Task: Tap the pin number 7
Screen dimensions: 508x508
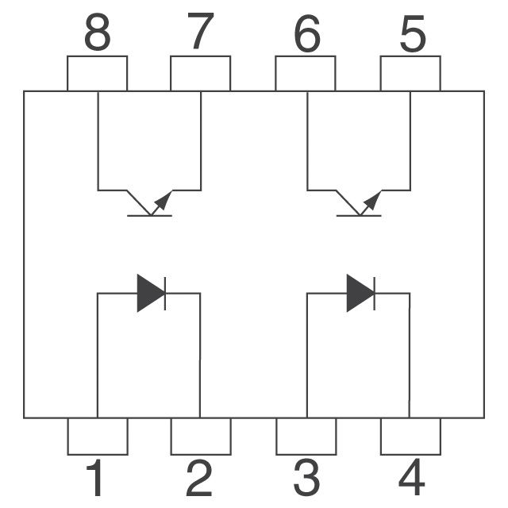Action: [201, 32]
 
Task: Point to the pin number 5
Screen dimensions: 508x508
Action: [413, 34]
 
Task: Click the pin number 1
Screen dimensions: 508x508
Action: [95, 478]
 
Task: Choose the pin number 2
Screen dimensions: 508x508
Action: [199, 478]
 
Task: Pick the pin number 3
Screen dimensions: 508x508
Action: [306, 478]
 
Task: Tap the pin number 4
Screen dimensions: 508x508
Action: [411, 477]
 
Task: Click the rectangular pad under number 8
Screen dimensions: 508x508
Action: [97, 74]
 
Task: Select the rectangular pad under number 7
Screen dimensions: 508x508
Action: [201, 74]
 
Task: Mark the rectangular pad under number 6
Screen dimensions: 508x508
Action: [306, 74]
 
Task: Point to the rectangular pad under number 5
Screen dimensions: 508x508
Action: [410, 74]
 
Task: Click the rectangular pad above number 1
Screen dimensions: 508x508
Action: [98, 437]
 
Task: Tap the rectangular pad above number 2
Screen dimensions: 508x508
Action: [201, 437]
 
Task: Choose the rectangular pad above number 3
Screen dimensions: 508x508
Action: [306, 437]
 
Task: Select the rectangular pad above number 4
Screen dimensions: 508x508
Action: [411, 437]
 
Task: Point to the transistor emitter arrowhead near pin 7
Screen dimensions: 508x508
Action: [164, 200]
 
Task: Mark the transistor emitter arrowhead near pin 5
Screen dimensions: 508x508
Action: [373, 200]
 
